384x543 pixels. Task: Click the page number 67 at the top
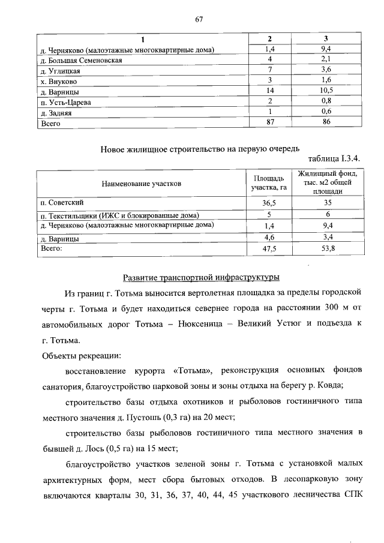[199, 19]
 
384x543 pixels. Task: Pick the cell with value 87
[271, 122]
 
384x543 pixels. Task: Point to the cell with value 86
[326, 122]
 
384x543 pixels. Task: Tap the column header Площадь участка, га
[269, 183]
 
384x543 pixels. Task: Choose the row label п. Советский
[62, 203]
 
